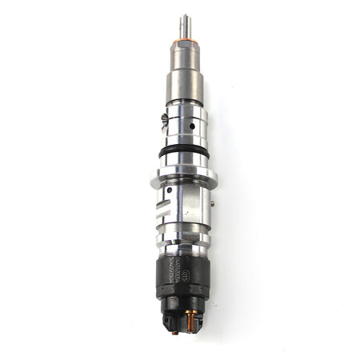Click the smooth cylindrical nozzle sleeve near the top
[184, 84]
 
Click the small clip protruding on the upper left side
[164, 119]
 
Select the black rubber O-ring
[184, 150]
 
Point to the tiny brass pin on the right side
[213, 205]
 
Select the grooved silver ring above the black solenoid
[183, 240]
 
